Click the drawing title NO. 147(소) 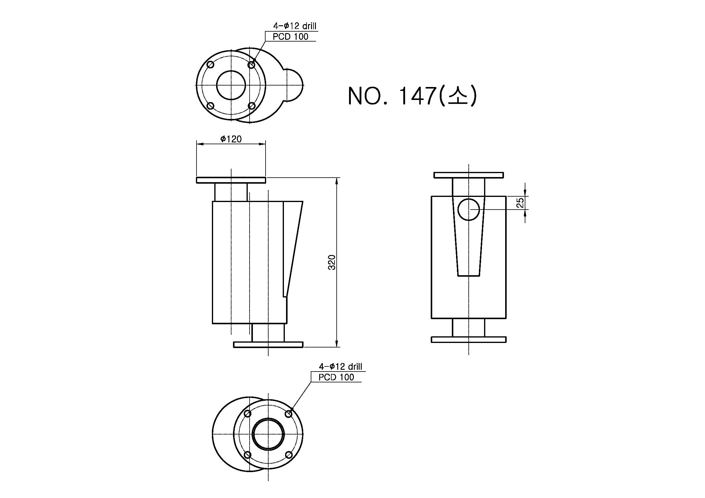(412, 95)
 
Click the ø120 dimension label (231, 139)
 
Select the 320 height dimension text (332, 262)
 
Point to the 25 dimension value (521, 202)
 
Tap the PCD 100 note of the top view (291, 36)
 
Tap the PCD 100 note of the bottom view (336, 377)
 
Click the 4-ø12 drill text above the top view (295, 26)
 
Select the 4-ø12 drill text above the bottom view (341, 366)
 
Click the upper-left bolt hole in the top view (211, 65)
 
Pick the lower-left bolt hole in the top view (211, 106)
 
